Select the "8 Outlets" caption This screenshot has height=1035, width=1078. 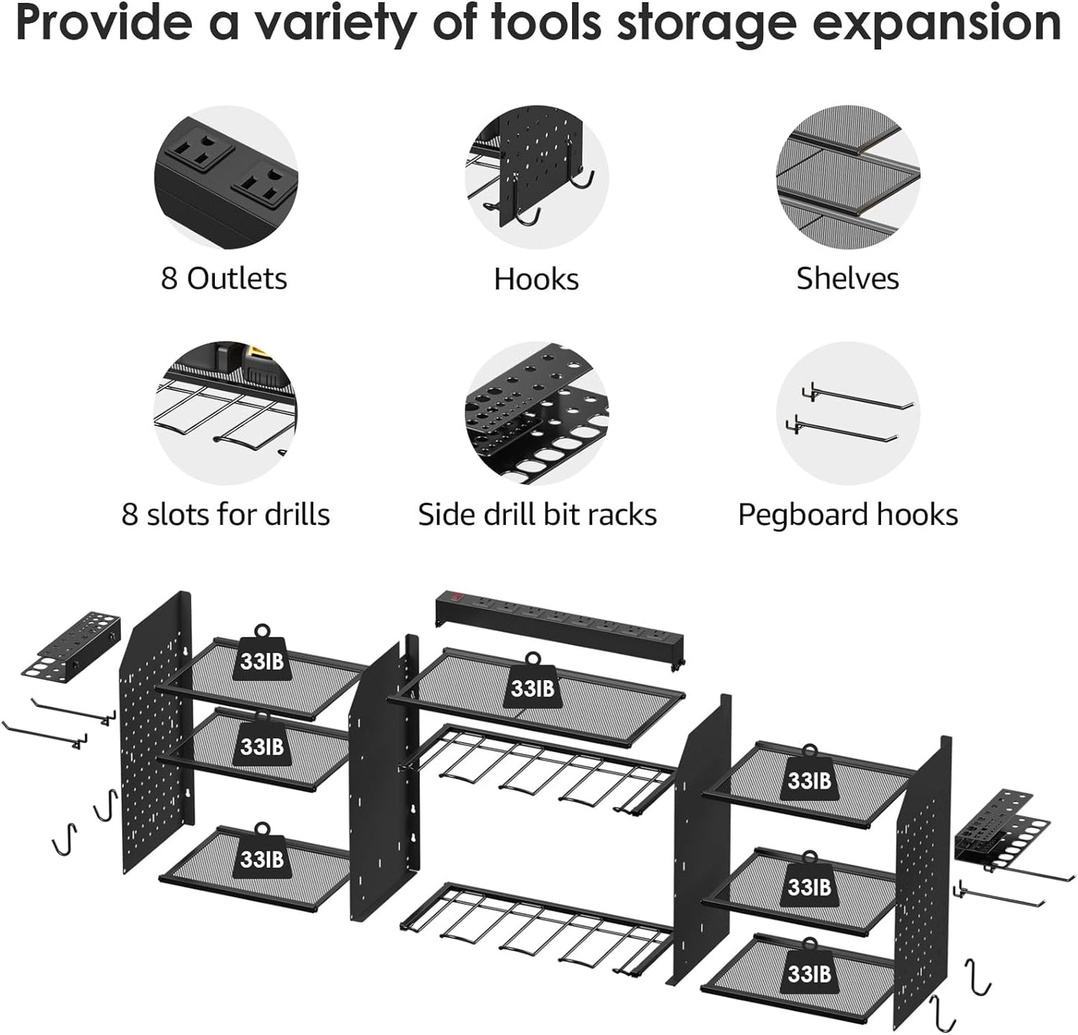pyautogui.click(x=224, y=279)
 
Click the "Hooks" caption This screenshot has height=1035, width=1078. pyautogui.click(x=536, y=279)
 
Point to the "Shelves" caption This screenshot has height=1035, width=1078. pyautogui.click(x=847, y=279)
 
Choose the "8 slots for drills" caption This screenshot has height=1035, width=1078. pyautogui.click(x=225, y=515)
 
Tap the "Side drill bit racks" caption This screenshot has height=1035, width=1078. pyautogui.click(x=537, y=515)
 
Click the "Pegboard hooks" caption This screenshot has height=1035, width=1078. pyautogui.click(x=847, y=515)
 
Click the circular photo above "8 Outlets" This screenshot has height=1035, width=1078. pyautogui.click(x=225, y=177)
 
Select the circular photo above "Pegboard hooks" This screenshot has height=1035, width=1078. pyautogui.click(x=847, y=413)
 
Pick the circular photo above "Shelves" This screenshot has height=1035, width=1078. pyautogui.click(x=847, y=177)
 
